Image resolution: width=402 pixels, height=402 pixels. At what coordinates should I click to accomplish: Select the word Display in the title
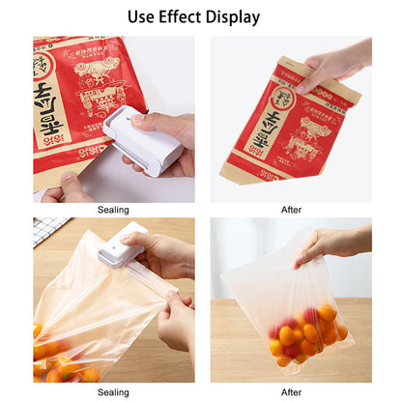[x=235, y=17]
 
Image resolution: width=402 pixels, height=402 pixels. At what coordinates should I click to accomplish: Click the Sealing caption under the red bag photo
[x=113, y=210]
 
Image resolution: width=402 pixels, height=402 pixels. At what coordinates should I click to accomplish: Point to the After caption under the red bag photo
[x=290, y=210]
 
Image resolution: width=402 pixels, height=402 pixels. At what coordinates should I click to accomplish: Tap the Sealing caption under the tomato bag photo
[x=113, y=392]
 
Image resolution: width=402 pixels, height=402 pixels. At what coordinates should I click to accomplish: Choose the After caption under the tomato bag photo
[x=290, y=392]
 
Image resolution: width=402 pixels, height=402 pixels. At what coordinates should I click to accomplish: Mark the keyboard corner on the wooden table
[x=48, y=230]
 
